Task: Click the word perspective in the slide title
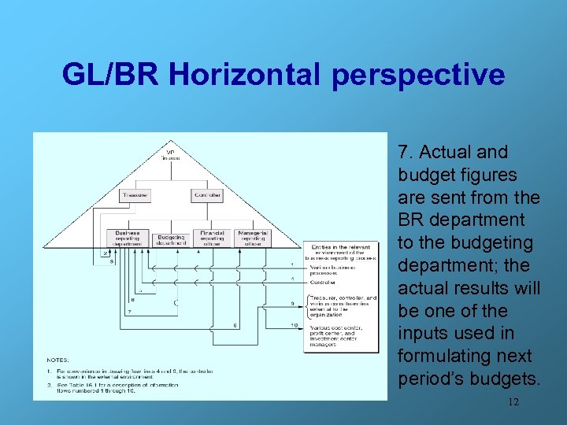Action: [418, 75]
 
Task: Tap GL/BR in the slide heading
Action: [109, 75]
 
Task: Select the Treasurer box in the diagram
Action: [135, 194]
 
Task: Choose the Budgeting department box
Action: [172, 240]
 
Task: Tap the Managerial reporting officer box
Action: [253, 238]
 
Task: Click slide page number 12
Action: [513, 402]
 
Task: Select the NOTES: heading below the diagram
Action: [57, 360]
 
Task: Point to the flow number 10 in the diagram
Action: [293, 325]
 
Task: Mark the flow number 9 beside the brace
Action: [292, 303]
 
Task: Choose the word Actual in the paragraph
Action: [447, 152]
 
